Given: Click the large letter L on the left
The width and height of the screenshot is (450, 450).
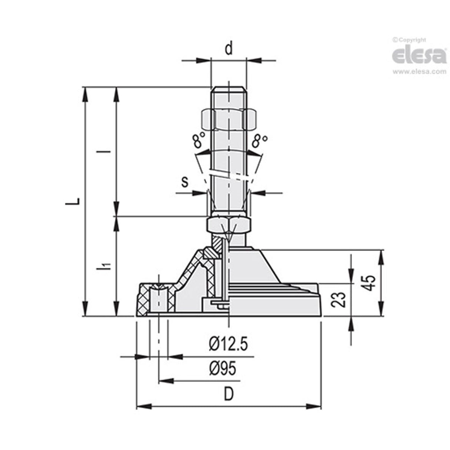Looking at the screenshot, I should click(76, 201).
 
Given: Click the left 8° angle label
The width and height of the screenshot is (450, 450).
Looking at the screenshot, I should click(199, 141).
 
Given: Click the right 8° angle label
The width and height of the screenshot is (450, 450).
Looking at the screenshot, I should click(259, 141).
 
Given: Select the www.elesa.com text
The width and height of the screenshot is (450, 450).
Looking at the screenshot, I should click(419, 72).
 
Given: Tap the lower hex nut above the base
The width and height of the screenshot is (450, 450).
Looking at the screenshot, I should click(229, 225).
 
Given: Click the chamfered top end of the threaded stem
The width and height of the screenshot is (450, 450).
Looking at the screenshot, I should click(228, 89).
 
